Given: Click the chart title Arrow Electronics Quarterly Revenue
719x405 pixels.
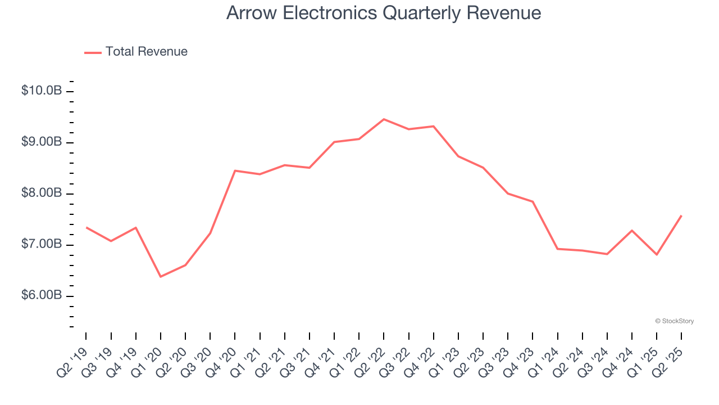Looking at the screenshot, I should tap(384, 13).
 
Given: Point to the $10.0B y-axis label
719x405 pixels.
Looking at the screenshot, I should tap(42, 91).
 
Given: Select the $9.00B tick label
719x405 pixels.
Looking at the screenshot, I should tap(42, 142).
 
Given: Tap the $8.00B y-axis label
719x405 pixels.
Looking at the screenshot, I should tap(42, 193).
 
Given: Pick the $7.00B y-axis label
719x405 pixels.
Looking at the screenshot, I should tap(42, 244).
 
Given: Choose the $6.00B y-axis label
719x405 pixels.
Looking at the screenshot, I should tap(42, 295).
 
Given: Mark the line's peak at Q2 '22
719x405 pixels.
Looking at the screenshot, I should tap(384, 119).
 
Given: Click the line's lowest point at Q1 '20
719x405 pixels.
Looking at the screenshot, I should tap(161, 277).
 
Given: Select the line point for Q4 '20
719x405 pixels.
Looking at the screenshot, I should tap(235, 170).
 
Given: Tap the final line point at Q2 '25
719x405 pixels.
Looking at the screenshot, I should tap(681, 215).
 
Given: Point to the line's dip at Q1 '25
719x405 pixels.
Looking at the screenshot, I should tap(657, 255).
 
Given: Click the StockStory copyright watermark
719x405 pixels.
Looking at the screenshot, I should tap(674, 321).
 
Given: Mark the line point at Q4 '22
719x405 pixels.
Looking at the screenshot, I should tap(434, 126).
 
